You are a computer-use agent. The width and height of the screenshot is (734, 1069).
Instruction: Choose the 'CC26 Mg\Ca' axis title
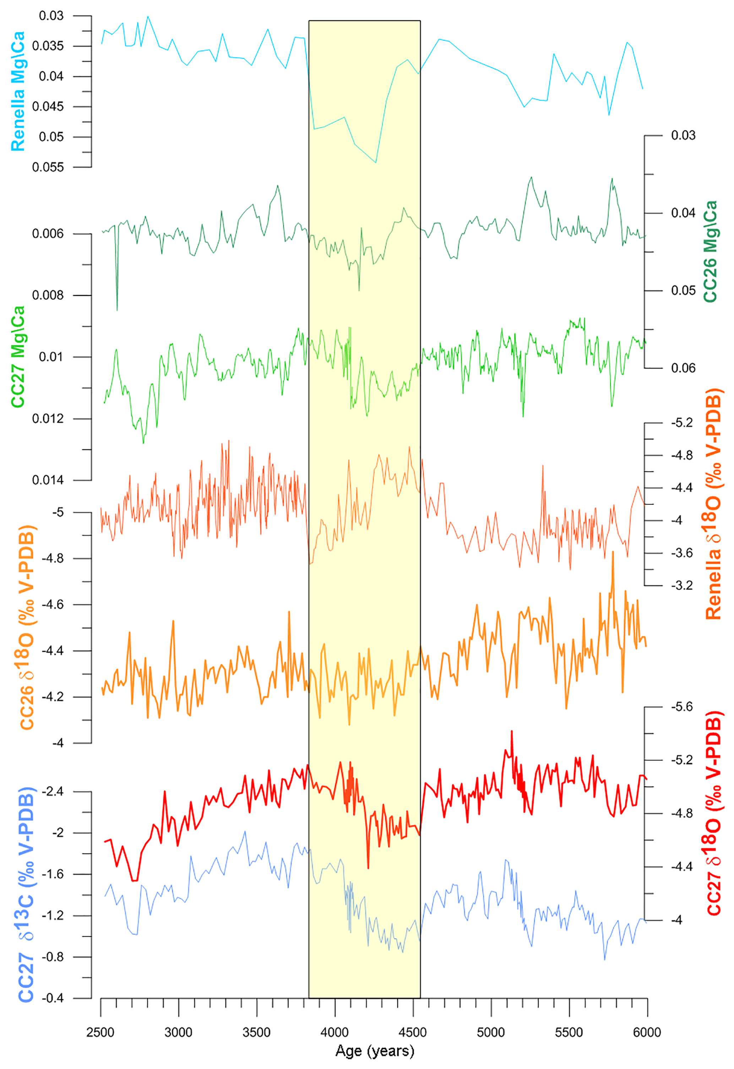click(710, 252)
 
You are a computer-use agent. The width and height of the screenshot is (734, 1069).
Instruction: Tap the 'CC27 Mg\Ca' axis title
click(17, 357)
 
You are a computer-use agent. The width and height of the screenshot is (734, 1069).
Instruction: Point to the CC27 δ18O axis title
click(713, 813)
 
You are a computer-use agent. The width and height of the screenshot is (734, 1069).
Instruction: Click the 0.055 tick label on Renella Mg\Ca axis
click(48, 167)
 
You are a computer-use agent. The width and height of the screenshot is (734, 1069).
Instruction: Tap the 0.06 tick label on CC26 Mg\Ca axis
click(683, 368)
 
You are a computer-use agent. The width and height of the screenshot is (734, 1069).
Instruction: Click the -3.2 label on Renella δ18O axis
click(681, 585)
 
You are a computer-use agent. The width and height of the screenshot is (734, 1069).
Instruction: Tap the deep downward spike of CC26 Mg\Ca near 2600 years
click(117, 310)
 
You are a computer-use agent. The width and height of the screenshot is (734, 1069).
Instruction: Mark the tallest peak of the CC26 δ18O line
click(613, 552)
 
